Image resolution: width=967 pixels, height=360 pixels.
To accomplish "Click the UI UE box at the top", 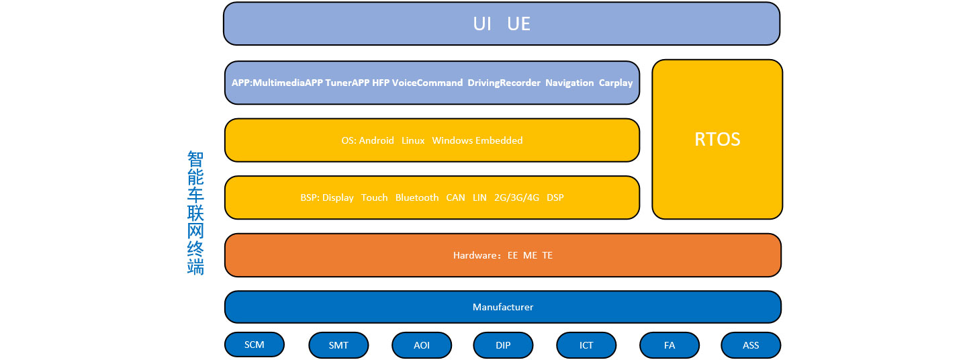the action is pos(501,24).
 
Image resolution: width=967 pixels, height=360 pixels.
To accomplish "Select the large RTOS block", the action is pos(717,140).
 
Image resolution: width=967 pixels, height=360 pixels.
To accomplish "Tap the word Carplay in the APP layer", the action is pos(616,83).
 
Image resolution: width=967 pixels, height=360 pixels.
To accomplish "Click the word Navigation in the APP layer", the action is pos(569,83).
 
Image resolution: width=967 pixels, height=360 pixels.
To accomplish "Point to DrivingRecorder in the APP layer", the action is pos(504,83).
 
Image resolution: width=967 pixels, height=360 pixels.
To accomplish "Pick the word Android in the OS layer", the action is pos(377,141).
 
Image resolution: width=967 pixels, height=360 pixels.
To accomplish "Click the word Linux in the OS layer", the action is pos(413,141).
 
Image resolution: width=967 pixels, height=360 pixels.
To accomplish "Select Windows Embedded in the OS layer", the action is pos(477,141).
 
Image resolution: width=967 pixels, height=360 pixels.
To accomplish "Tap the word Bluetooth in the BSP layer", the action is pos(417,197).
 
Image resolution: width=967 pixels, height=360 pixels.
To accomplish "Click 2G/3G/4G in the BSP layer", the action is pos(517,197).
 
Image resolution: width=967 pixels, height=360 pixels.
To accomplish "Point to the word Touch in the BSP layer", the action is pos(374,197).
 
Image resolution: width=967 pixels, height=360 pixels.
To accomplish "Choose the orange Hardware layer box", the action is pos(503,255).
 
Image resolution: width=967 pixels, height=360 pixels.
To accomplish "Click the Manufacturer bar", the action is pos(503,307).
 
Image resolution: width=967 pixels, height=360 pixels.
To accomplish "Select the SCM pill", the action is pos(255,345).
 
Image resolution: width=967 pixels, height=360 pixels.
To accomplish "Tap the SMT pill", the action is pos(338,345).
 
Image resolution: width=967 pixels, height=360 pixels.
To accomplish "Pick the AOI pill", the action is pos(422,345).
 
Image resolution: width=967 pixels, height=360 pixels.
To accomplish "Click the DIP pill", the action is pos(503,345).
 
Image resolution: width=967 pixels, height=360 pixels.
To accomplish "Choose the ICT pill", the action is pos(586,345).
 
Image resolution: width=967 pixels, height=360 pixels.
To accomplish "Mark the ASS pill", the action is pos(751,345).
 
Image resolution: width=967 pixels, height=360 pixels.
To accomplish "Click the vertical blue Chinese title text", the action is pos(195,213).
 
